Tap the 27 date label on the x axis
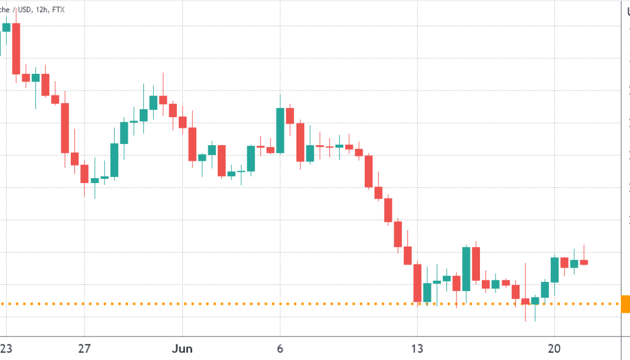click(x=84, y=348)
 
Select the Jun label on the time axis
click(x=181, y=348)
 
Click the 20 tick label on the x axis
click(x=554, y=348)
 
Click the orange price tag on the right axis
click(x=625, y=304)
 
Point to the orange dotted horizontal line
click(x=300, y=304)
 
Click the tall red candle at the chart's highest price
click(x=16, y=48)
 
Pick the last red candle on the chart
click(x=583, y=262)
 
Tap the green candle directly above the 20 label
click(x=554, y=270)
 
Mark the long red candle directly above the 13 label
click(x=417, y=283)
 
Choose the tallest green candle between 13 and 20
click(x=466, y=269)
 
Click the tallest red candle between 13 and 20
click(x=476, y=264)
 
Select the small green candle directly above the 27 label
click(x=95, y=180)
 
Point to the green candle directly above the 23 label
click(x=7, y=27)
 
